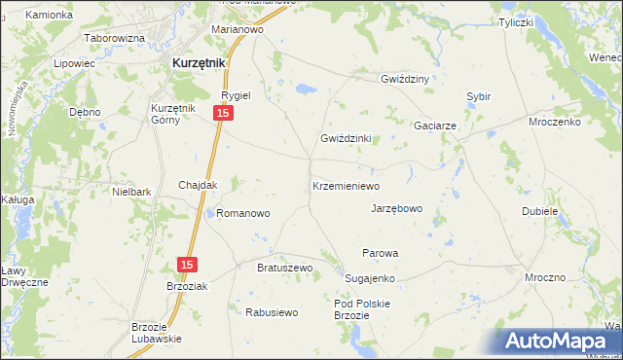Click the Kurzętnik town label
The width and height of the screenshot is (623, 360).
tap(199, 62)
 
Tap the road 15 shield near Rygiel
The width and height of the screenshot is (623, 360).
tap(224, 114)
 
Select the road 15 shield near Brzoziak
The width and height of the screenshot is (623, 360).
tap(188, 265)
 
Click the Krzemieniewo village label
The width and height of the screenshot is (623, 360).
tap(346, 185)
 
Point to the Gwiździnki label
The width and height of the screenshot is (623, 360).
tap(347, 138)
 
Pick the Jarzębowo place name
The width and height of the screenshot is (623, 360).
tap(397, 208)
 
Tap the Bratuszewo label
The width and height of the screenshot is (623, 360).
tap(283, 268)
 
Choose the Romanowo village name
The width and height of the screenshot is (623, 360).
tap(243, 212)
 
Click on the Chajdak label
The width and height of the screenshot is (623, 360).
tap(198, 185)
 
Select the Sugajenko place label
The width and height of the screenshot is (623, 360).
tap(370, 278)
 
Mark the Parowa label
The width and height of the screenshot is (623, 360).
tap(381, 253)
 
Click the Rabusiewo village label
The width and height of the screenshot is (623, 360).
tap(272, 312)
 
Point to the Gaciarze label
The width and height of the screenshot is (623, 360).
tap(435, 126)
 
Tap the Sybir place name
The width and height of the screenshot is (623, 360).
tap(478, 97)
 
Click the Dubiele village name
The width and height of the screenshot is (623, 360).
tap(540, 210)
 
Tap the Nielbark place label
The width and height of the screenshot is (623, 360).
tap(131, 193)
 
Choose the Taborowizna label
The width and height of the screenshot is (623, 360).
tap(115, 38)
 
